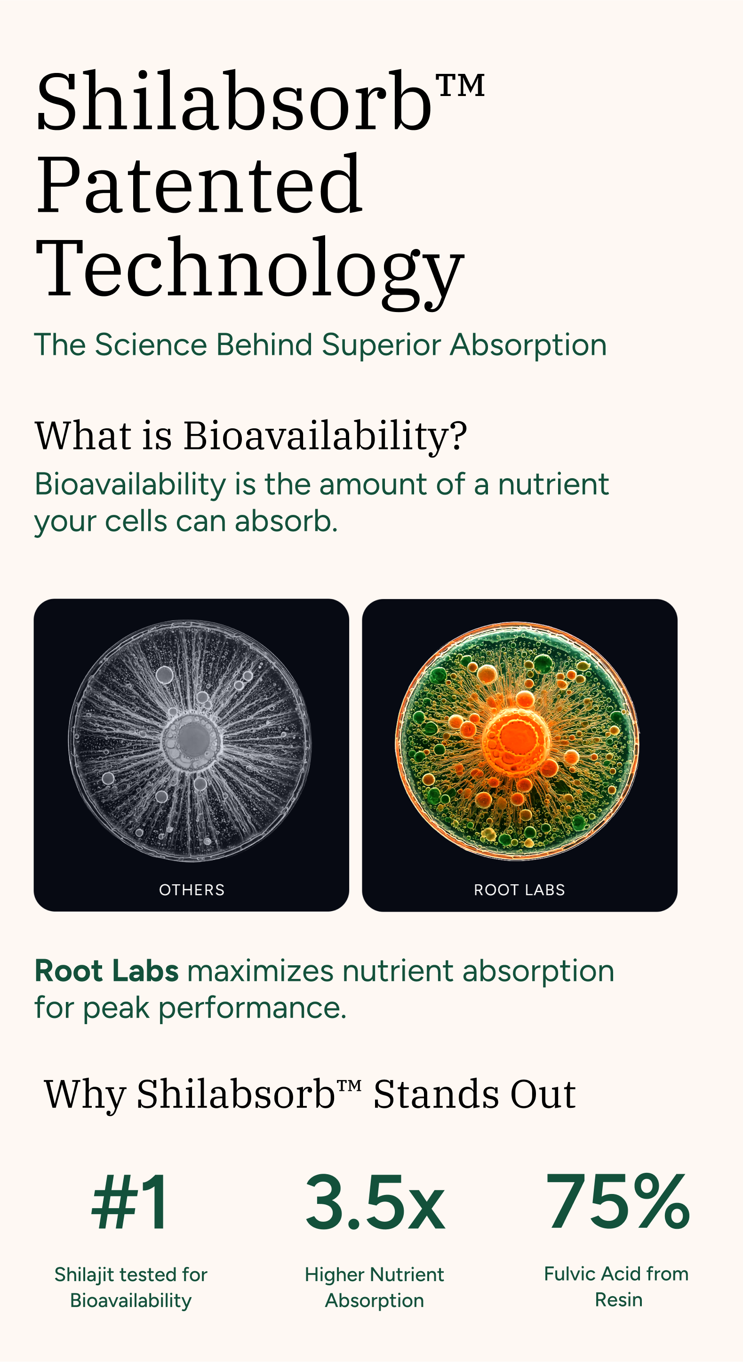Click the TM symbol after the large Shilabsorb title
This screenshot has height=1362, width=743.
(460, 86)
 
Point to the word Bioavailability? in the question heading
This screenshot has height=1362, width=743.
(325, 437)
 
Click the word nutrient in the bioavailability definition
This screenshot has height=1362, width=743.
(553, 484)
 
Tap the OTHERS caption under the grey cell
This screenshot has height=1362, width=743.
(192, 890)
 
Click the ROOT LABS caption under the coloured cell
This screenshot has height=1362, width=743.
(519, 890)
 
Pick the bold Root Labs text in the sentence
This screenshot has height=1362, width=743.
(107, 971)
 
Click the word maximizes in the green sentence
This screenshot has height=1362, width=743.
(261, 971)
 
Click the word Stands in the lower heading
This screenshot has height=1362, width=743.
(436, 1093)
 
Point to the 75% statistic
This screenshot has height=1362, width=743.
(618, 1201)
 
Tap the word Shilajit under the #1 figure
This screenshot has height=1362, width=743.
(84, 1275)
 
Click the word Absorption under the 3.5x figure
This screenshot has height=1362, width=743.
(375, 1301)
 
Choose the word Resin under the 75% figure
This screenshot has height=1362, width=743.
(619, 1299)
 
